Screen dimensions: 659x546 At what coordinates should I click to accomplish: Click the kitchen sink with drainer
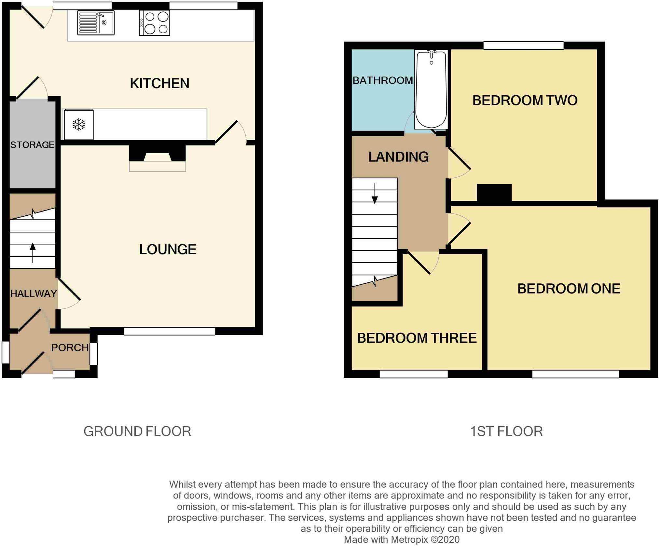pyautogui.click(x=96, y=23)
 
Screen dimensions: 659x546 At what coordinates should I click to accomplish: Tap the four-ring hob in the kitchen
pyautogui.click(x=154, y=23)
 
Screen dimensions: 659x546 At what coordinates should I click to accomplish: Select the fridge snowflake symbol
pyautogui.click(x=79, y=125)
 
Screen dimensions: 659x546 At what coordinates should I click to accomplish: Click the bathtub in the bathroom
pyautogui.click(x=431, y=89)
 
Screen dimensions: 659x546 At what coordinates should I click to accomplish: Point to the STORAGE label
pyautogui.click(x=32, y=145)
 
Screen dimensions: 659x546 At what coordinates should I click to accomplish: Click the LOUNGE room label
pyautogui.click(x=168, y=250)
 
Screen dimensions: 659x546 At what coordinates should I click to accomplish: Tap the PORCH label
pyautogui.click(x=70, y=348)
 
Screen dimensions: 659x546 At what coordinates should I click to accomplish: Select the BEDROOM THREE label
pyautogui.click(x=417, y=338)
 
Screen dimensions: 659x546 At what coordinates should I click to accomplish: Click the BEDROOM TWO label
pyautogui.click(x=525, y=100)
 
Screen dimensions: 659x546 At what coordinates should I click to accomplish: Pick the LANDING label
pyautogui.click(x=398, y=157)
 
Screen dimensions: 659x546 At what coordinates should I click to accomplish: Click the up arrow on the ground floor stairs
pyautogui.click(x=33, y=253)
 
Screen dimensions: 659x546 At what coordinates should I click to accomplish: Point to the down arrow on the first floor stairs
pyautogui.click(x=375, y=194)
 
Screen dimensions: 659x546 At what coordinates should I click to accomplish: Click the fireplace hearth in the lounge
pyautogui.click(x=158, y=166)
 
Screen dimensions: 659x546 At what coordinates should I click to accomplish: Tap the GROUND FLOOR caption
pyautogui.click(x=137, y=431)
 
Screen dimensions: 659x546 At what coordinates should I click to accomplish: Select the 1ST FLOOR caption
pyautogui.click(x=506, y=431)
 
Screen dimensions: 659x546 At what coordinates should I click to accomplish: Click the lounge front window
pyautogui.click(x=169, y=331)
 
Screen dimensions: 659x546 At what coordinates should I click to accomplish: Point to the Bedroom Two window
pyautogui.click(x=523, y=46)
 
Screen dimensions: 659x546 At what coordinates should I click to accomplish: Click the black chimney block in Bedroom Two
pyautogui.click(x=494, y=193)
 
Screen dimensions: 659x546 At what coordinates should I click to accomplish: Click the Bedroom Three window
pyautogui.click(x=414, y=374)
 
